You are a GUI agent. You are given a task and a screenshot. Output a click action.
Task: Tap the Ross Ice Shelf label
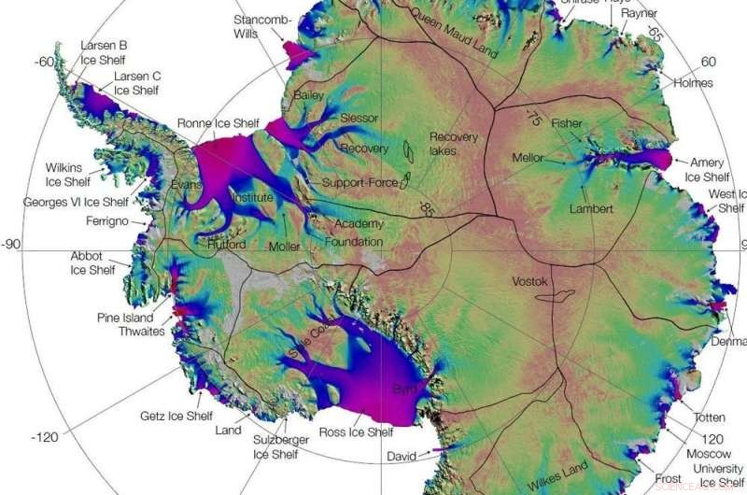tap(356, 432)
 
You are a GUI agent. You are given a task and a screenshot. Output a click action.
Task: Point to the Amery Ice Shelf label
tap(707, 169)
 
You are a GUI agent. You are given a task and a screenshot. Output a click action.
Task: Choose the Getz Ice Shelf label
tap(176, 417)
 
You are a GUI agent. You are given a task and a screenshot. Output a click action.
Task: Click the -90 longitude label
tap(13, 245)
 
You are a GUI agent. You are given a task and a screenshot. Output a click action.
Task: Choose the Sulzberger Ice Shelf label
tap(275, 447)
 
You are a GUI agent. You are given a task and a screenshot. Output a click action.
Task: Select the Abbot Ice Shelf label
tap(93, 263)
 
